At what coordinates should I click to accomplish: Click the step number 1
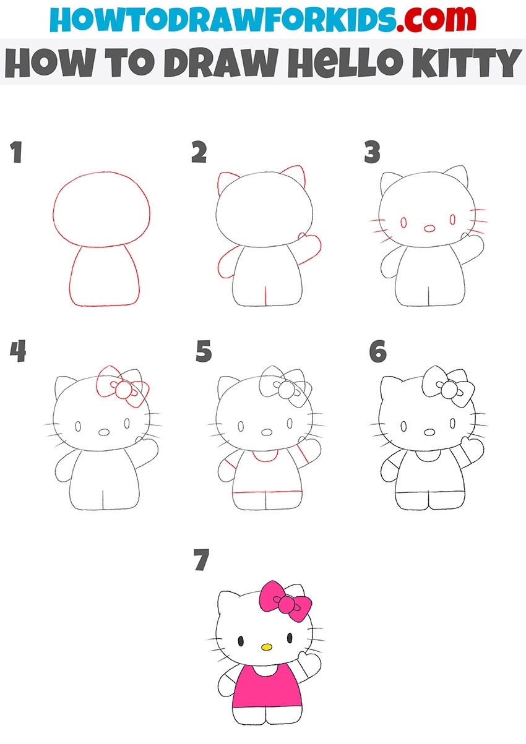[16, 152]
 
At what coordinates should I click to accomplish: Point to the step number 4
[18, 351]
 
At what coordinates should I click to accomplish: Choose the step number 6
[378, 351]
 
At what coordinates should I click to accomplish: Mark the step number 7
[202, 560]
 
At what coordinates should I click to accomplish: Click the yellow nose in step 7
[267, 647]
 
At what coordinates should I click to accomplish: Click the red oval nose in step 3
[429, 228]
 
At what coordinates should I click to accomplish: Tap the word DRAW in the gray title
[220, 62]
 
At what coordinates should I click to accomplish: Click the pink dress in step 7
[267, 686]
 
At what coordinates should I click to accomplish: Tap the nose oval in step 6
[429, 432]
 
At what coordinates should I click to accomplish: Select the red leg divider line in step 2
[265, 295]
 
